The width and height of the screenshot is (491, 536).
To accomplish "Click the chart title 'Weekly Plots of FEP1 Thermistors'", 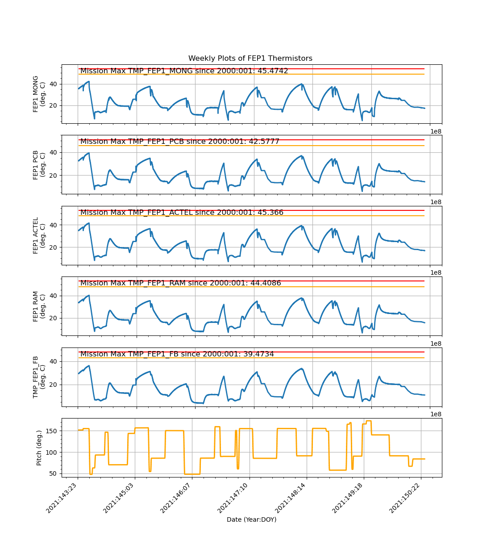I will [250, 59].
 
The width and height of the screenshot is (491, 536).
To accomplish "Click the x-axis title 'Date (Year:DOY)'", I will [251, 519].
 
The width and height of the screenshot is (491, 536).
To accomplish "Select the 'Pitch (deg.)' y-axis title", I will [39, 448].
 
